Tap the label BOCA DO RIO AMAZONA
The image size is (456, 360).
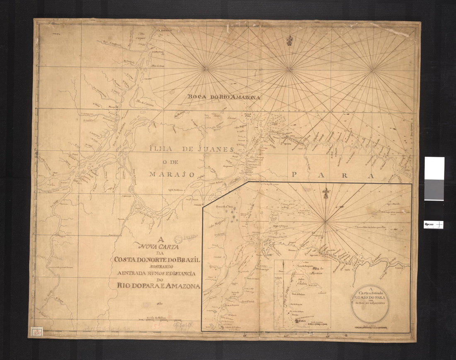(x=224, y=97)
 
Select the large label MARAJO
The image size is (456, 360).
(x=172, y=174)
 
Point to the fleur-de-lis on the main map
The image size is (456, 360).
(x=289, y=40)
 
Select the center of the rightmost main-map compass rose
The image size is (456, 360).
(x=372, y=70)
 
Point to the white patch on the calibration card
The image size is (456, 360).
(x=434, y=168)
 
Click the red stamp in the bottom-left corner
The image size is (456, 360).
(x=36, y=331)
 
